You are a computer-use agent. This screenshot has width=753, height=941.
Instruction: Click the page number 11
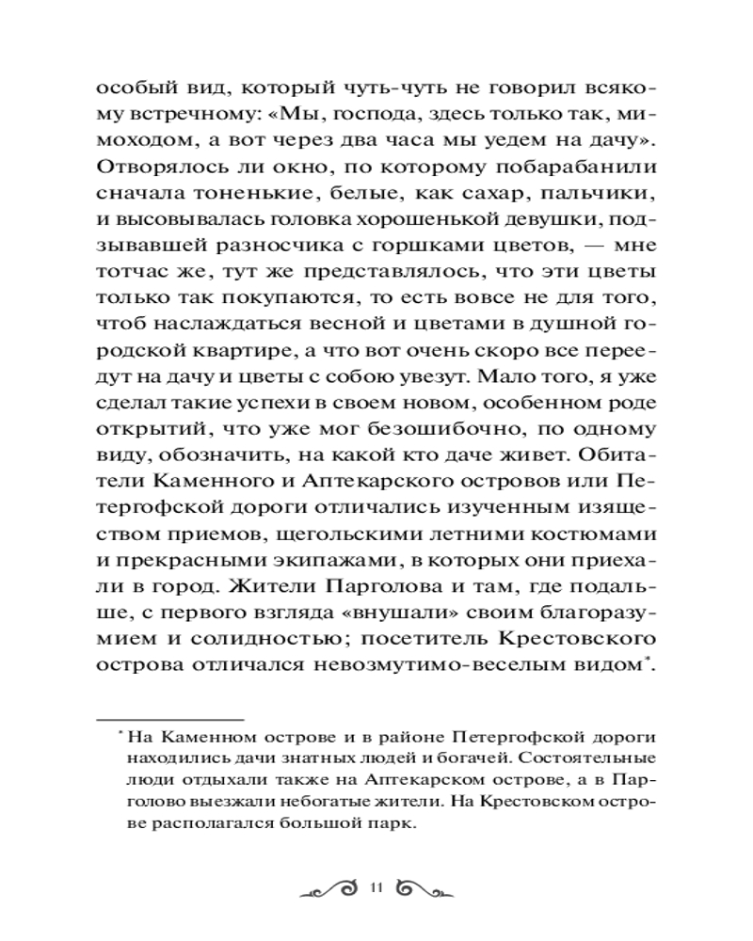coord(376,885)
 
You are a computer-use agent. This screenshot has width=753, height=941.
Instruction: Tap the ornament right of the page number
coord(424,886)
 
